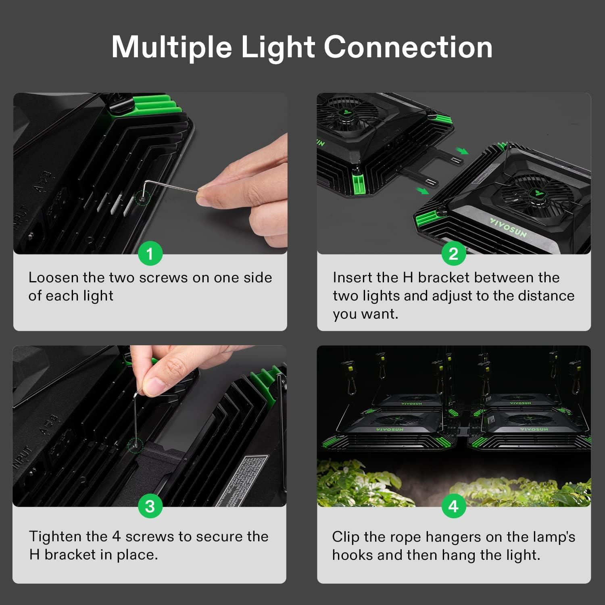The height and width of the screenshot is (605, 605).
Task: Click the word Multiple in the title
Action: pos(171,48)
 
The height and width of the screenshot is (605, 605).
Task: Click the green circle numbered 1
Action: pos(150,254)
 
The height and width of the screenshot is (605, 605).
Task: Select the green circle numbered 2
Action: pos(453,254)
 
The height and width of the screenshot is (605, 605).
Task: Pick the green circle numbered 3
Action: pos(150,507)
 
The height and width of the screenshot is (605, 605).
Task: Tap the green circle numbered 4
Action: pos(453,507)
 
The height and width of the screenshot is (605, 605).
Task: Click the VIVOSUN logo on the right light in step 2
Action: pos(508,227)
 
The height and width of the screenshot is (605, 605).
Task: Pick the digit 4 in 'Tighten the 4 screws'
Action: pos(116,536)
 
